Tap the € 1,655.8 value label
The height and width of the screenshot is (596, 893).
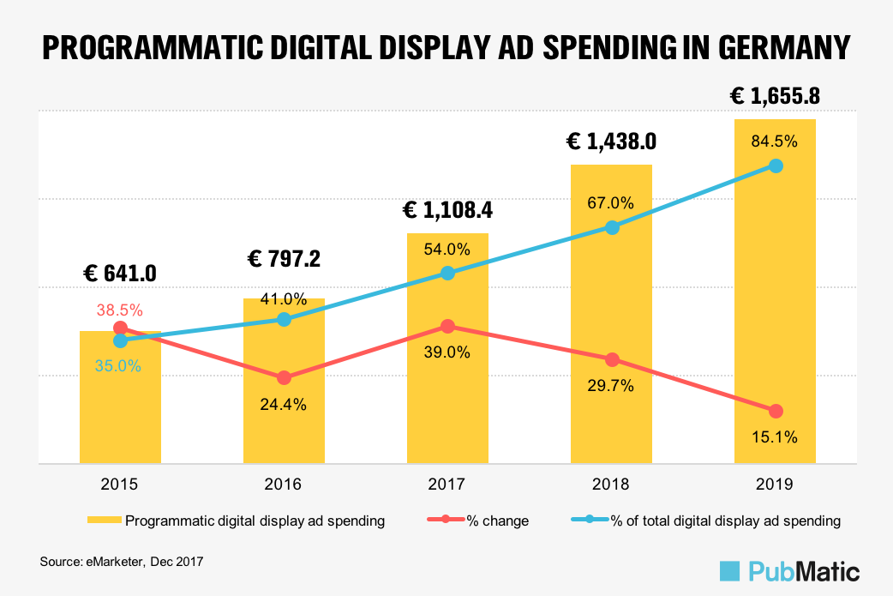[775, 96]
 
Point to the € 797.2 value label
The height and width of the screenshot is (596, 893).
[284, 258]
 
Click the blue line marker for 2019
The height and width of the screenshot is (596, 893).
[776, 166]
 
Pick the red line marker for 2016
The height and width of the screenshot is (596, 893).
[284, 377]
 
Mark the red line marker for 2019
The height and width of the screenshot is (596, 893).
[776, 411]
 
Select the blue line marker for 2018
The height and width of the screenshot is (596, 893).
[612, 227]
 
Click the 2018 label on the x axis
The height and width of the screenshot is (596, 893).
[611, 485]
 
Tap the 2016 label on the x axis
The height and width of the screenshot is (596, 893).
[284, 485]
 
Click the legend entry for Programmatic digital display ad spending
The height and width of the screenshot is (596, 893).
[235, 521]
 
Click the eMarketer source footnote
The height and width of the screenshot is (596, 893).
[121, 562]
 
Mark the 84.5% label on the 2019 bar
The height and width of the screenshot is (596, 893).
[775, 141]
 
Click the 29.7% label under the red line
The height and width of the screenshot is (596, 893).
[611, 386]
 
